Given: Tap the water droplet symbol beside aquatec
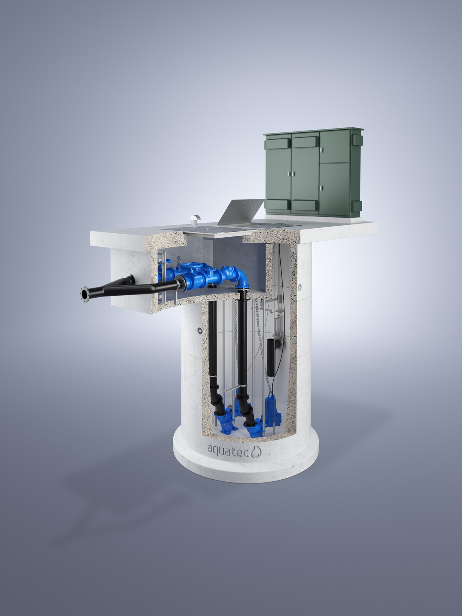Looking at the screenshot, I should coord(256,452).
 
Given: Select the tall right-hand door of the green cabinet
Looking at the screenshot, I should coord(334,189).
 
